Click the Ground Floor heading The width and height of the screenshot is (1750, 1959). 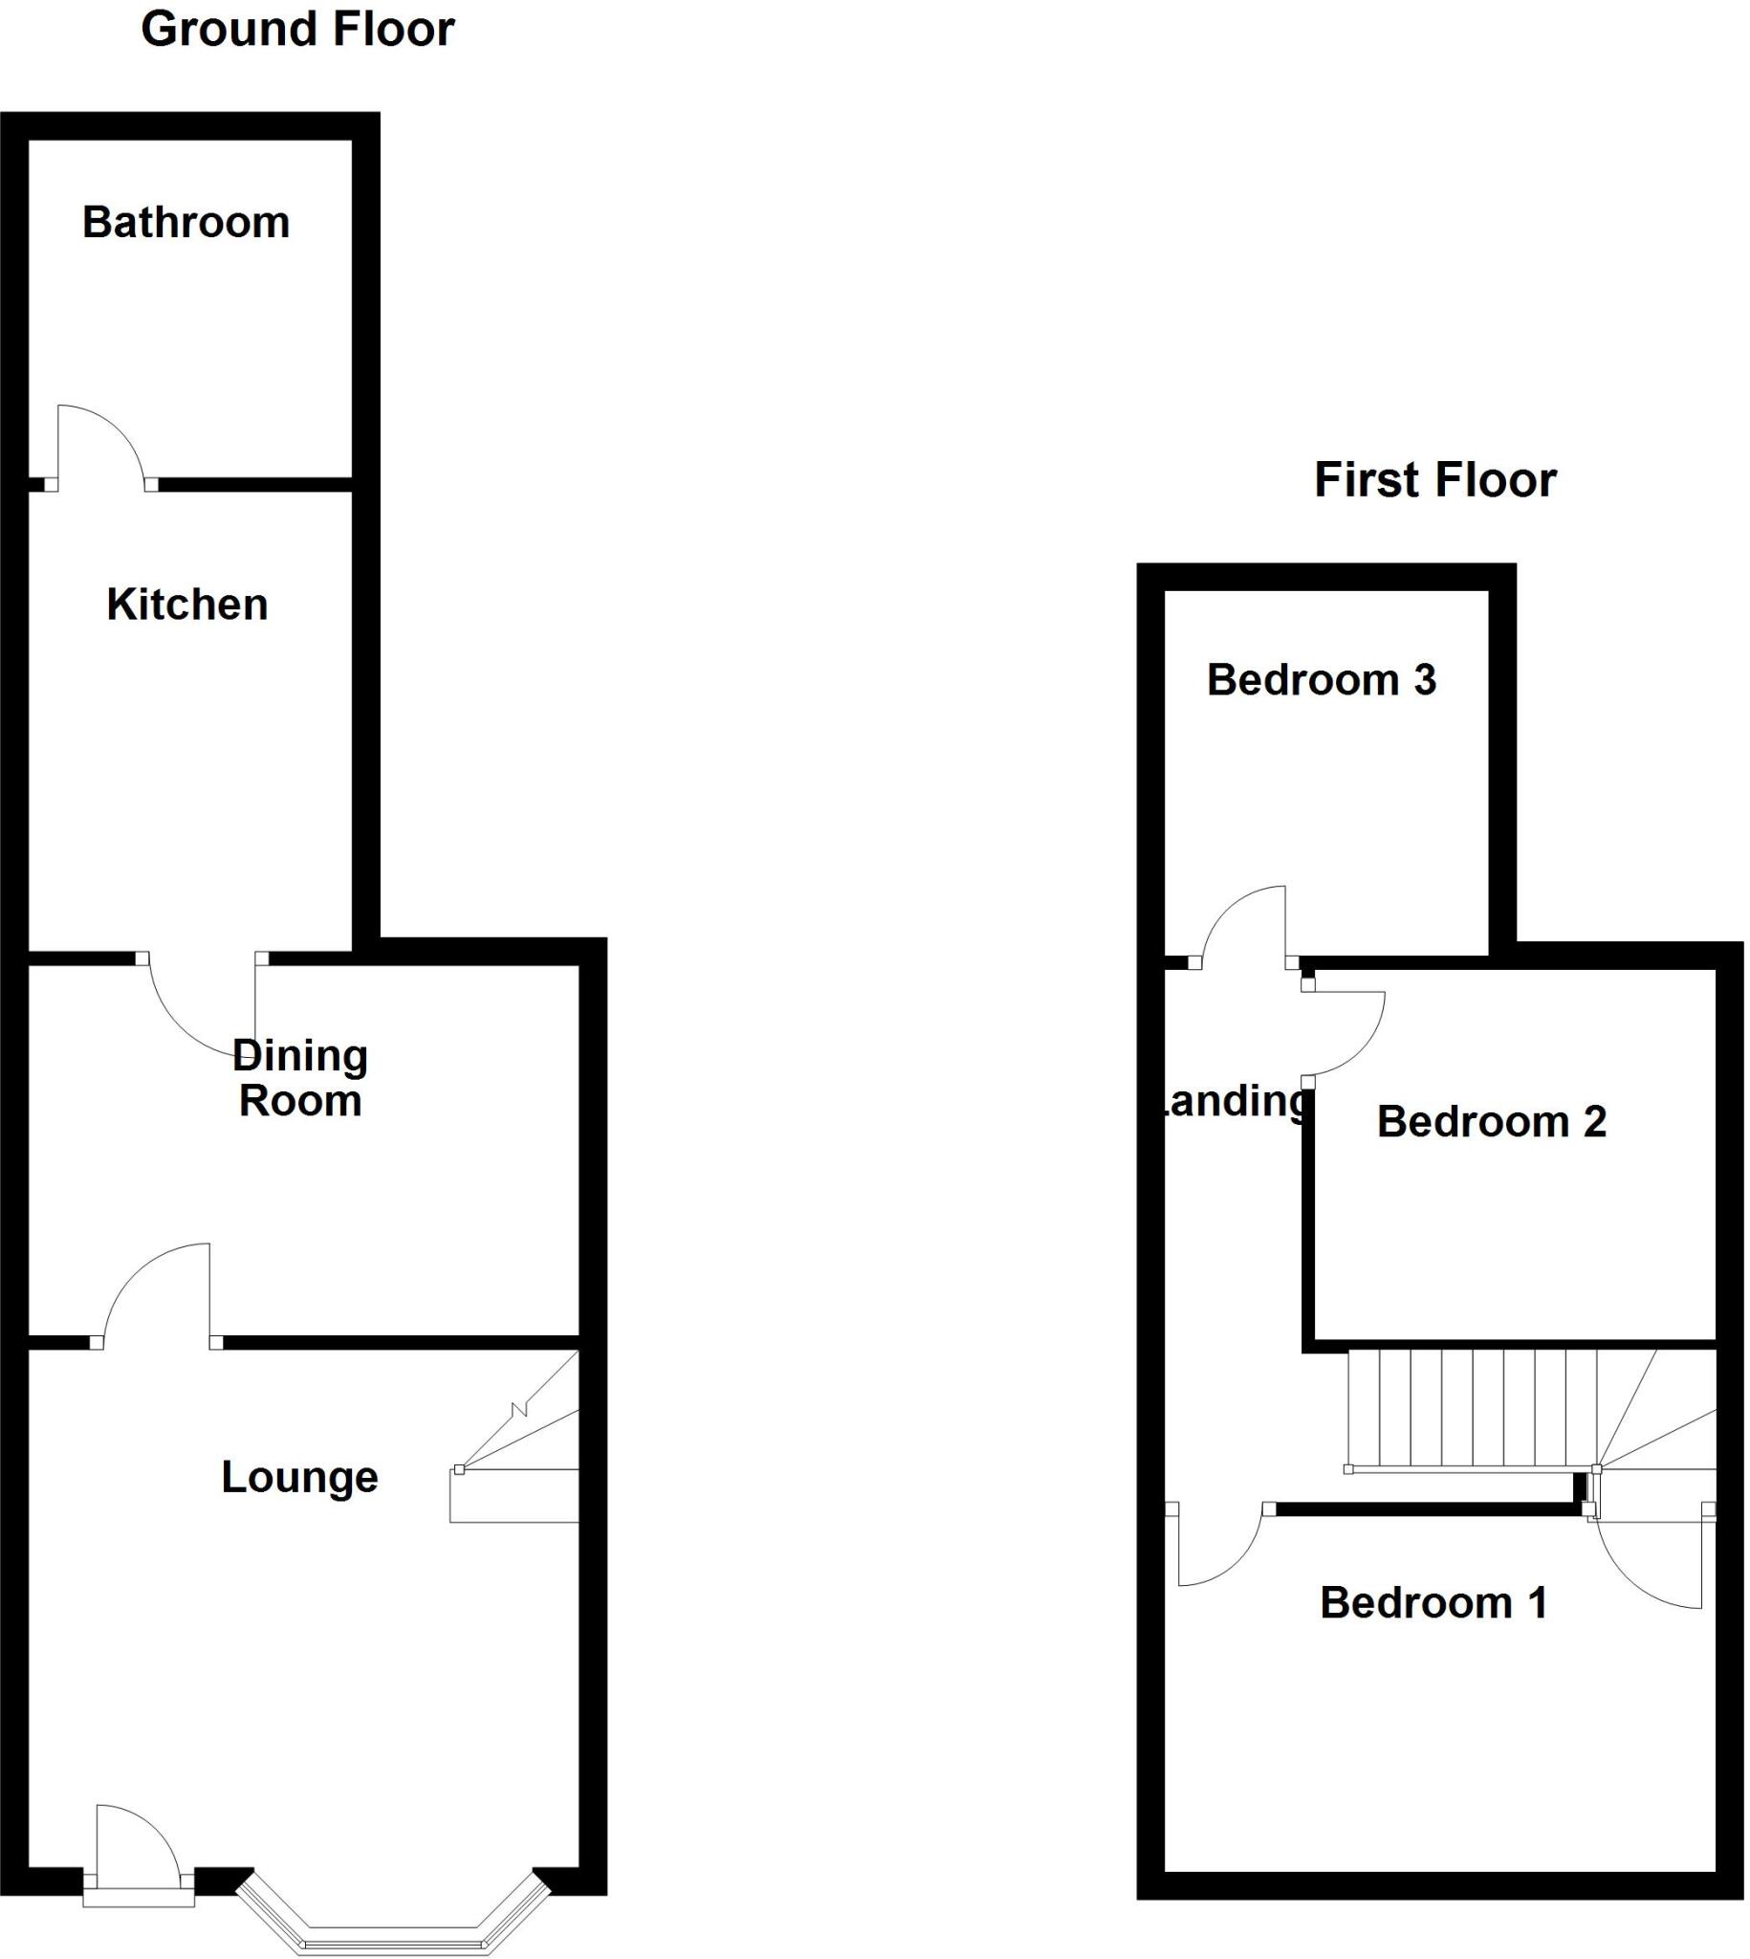click(x=297, y=30)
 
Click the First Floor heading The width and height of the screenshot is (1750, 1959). click(x=1434, y=480)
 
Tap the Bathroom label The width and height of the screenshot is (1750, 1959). click(x=186, y=223)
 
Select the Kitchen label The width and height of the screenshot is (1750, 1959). click(x=186, y=605)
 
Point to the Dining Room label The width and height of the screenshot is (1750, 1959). click(x=300, y=1078)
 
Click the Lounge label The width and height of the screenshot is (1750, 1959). click(x=299, y=1477)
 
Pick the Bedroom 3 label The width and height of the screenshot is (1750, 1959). click(x=1322, y=680)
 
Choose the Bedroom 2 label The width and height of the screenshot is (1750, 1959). click(x=1492, y=1121)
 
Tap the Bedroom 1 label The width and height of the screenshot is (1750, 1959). click(x=1433, y=1603)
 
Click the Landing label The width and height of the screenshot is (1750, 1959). click(x=1236, y=1101)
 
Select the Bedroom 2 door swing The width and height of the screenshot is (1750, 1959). click(x=1346, y=1034)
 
